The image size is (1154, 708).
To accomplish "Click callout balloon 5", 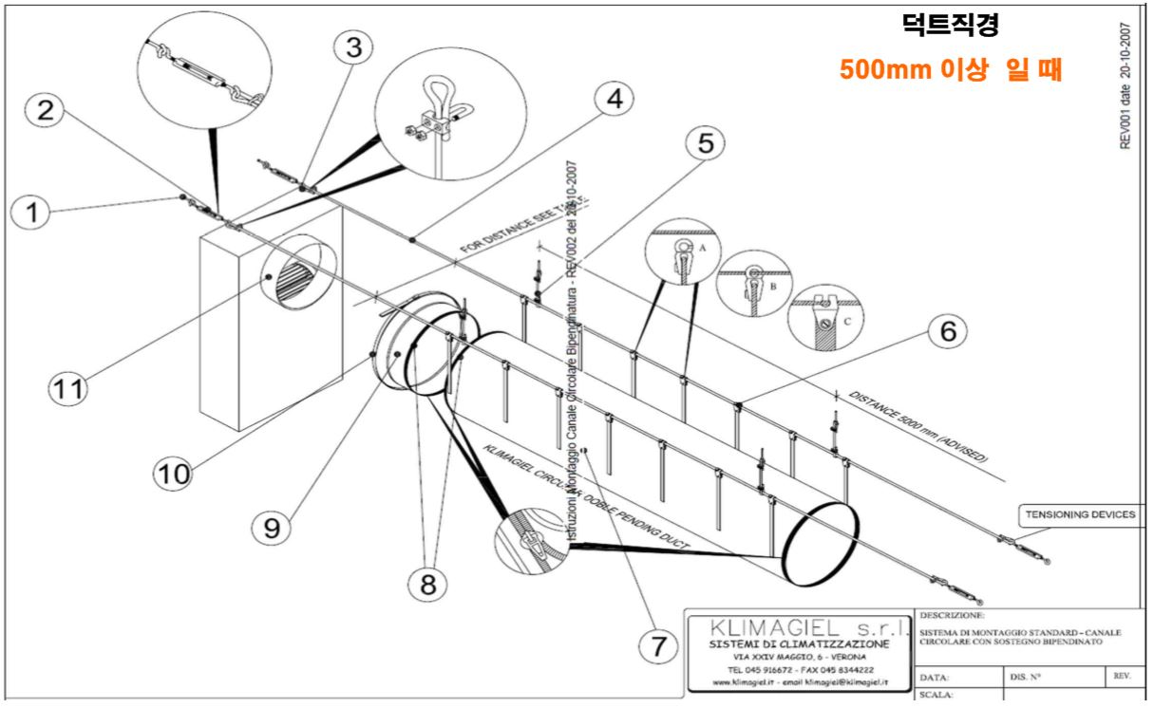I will pyautogui.click(x=704, y=142).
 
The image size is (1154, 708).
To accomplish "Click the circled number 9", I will pyautogui.click(x=273, y=529).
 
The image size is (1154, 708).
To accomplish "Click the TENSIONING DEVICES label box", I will pyautogui.click(x=1080, y=515).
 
